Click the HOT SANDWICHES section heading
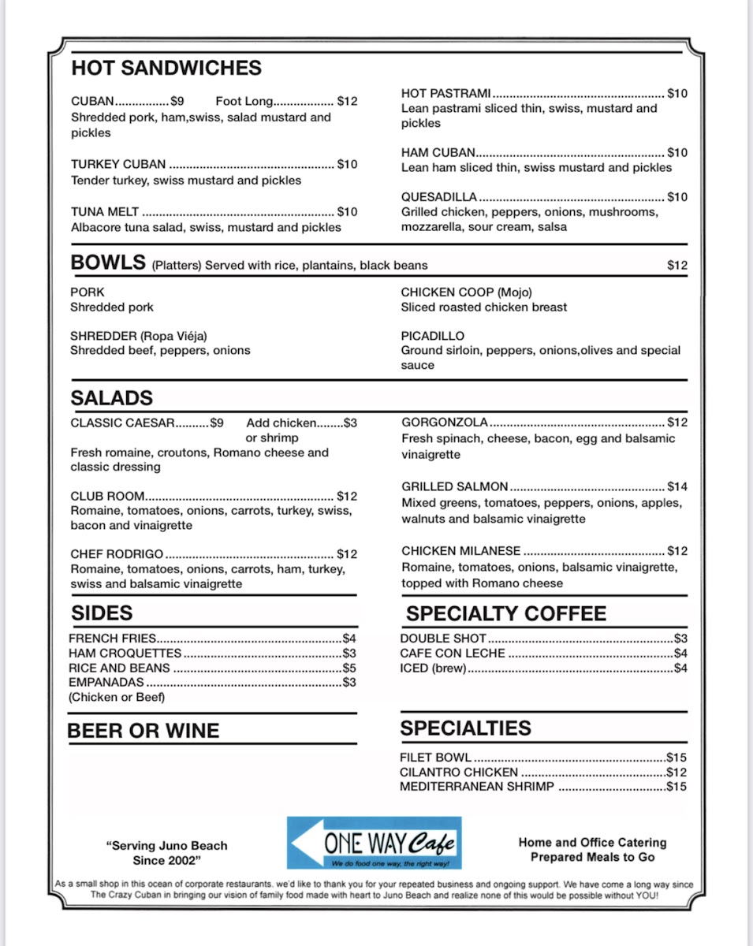(166, 68)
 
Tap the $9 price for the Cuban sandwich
(177, 102)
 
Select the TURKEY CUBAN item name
(118, 165)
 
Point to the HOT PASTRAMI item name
(446, 93)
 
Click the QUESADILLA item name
(439, 197)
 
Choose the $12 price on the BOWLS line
(677, 266)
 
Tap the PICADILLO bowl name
(433, 336)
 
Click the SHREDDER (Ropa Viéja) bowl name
(139, 336)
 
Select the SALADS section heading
(112, 398)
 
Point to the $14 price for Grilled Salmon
(677, 487)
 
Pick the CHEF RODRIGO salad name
(117, 554)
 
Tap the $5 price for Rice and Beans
(349, 668)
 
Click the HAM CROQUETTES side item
(125, 654)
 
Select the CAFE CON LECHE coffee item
(453, 654)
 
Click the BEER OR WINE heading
(144, 731)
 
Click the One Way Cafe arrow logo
(374, 843)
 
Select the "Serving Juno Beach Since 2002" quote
(167, 852)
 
